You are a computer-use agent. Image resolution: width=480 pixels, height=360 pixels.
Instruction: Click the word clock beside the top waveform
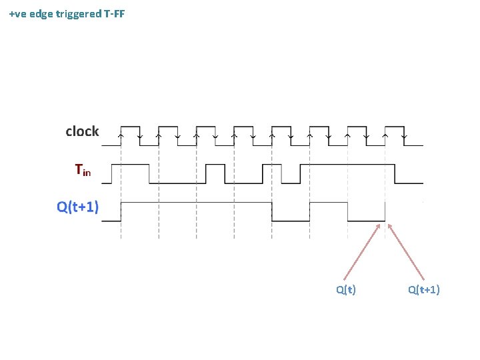(82, 131)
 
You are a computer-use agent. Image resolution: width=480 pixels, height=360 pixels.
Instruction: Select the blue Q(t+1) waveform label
(77, 207)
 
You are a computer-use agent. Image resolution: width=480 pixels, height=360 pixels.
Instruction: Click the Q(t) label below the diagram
(345, 289)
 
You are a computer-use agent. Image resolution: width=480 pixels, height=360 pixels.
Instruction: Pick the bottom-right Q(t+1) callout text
(424, 289)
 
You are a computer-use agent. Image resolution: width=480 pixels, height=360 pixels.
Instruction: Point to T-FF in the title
(114, 13)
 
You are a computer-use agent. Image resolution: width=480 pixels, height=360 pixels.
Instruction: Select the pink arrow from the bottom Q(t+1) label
(406, 251)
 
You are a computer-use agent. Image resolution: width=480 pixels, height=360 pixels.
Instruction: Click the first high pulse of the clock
(129, 127)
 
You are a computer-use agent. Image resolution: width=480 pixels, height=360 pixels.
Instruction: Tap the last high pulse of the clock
(395, 127)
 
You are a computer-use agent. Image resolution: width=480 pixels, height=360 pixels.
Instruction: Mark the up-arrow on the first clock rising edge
(121, 135)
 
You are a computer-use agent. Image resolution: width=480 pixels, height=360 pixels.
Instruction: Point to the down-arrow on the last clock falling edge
(404, 135)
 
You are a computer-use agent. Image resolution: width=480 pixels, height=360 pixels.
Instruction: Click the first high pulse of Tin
(130, 165)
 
